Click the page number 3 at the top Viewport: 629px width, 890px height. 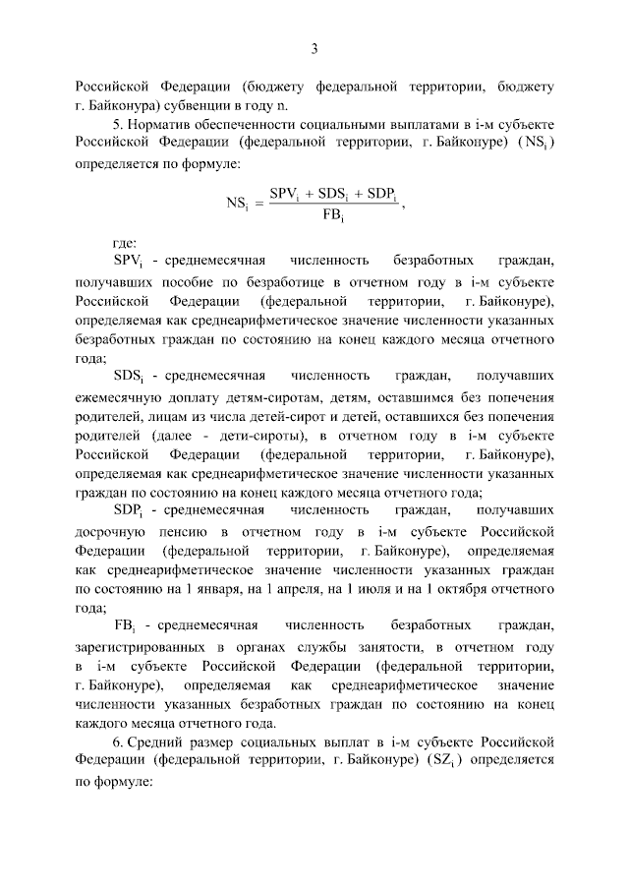(314, 49)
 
